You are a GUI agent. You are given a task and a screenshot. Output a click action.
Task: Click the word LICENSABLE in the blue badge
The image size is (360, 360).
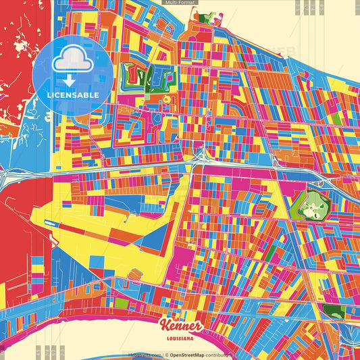coord(73,95)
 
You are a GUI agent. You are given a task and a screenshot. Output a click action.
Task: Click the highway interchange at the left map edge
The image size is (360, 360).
coord(8,177)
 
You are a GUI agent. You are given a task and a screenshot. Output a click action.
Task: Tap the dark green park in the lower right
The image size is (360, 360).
coord(332,311)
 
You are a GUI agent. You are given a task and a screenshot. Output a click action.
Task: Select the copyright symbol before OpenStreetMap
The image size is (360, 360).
coord(166,354)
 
